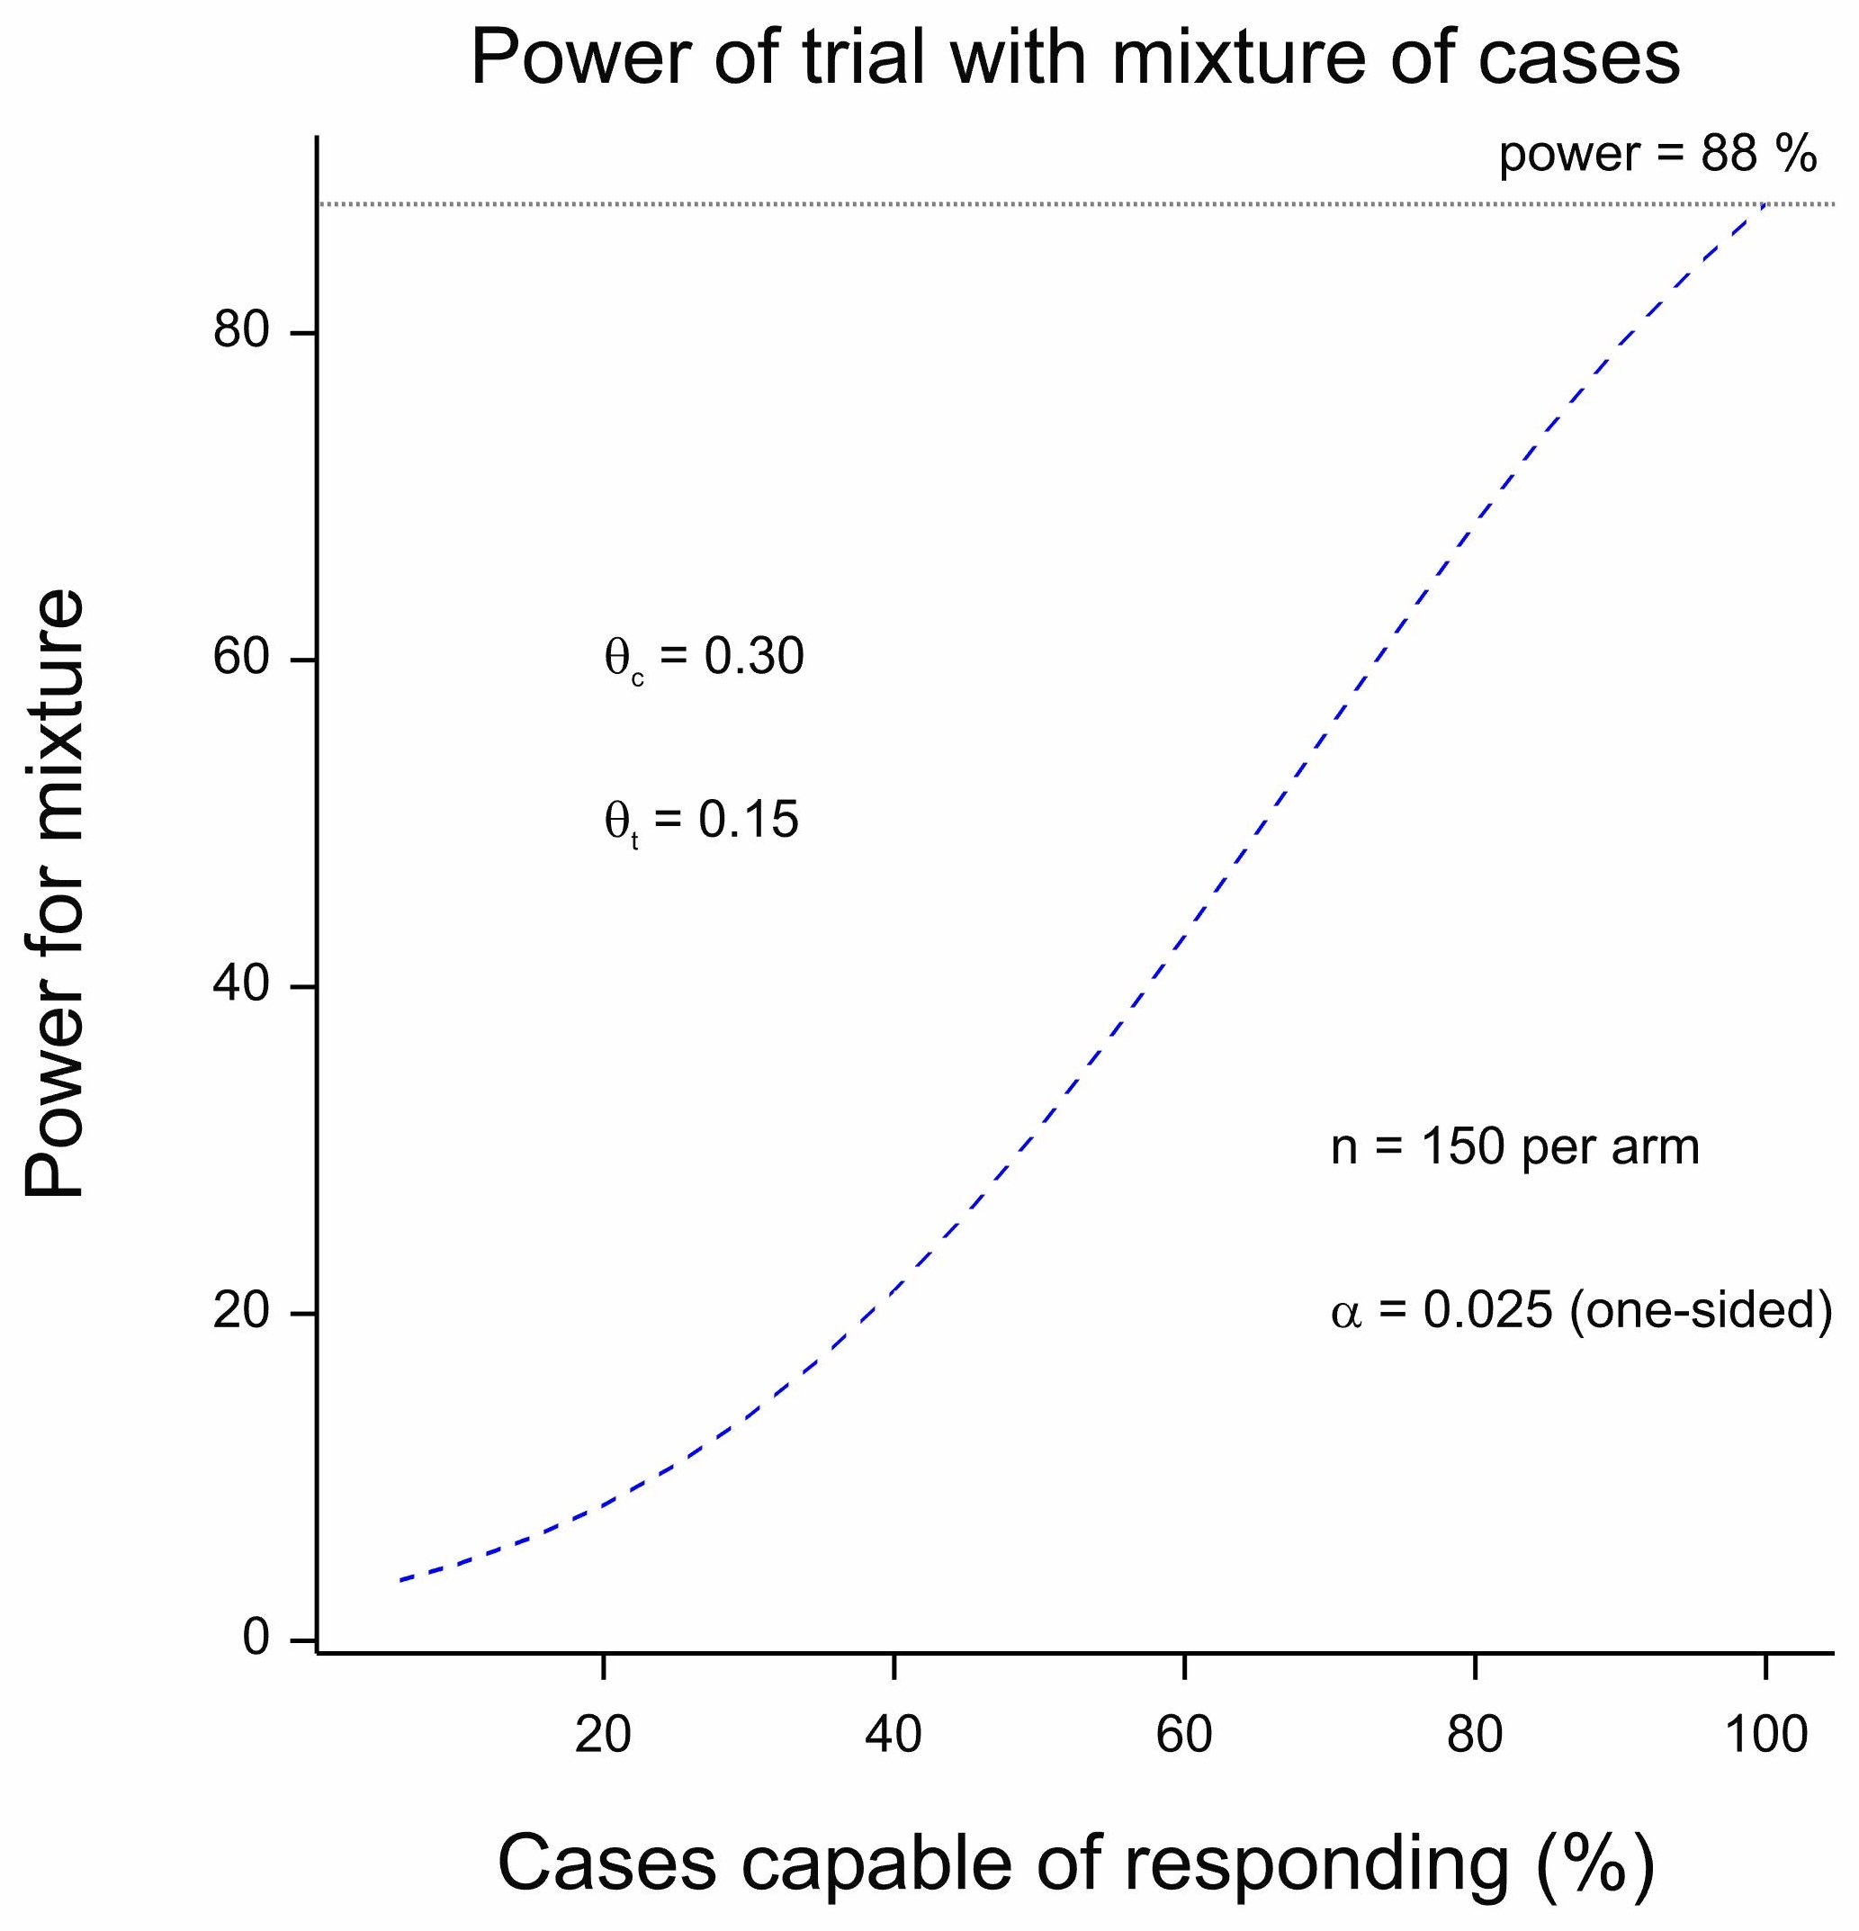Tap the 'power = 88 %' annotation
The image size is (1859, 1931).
coord(1657,155)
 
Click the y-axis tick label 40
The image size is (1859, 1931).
coord(241,983)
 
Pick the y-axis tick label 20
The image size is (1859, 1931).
coord(241,1310)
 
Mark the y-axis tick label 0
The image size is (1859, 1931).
coord(256,1638)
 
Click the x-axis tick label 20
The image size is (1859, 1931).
coord(603,1735)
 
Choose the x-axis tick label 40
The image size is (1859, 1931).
coord(894,1735)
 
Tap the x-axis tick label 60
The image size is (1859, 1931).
coord(1184,1735)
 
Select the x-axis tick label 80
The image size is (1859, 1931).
coord(1475,1735)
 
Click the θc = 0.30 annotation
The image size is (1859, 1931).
coord(705,658)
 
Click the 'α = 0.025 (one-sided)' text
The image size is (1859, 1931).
coord(1581,1311)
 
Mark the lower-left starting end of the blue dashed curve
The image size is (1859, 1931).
coord(401,1579)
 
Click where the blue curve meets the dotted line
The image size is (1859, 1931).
coord(1765,204)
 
